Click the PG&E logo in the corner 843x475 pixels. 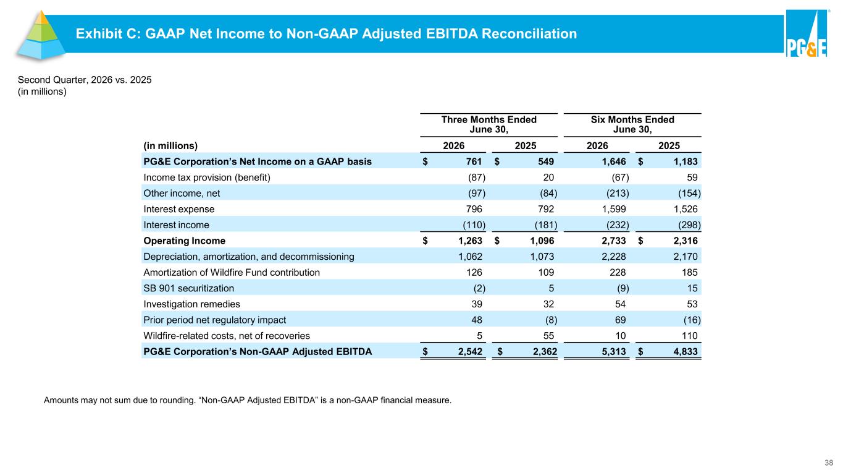807,33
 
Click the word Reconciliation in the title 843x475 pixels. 529,33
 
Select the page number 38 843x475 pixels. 829,463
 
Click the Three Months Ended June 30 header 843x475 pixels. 489,124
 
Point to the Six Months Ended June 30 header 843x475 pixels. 632,124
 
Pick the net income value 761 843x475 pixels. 474,161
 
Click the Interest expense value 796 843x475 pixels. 474,209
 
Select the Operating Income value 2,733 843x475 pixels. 614,241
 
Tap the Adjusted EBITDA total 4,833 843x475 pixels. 686,351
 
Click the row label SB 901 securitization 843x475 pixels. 188,288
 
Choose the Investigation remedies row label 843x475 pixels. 191,304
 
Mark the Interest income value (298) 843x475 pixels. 689,225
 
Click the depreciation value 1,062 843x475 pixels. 470,256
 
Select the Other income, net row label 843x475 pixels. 182,193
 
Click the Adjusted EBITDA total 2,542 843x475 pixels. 470,351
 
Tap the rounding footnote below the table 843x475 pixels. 247,400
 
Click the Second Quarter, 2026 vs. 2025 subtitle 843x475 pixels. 85,80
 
